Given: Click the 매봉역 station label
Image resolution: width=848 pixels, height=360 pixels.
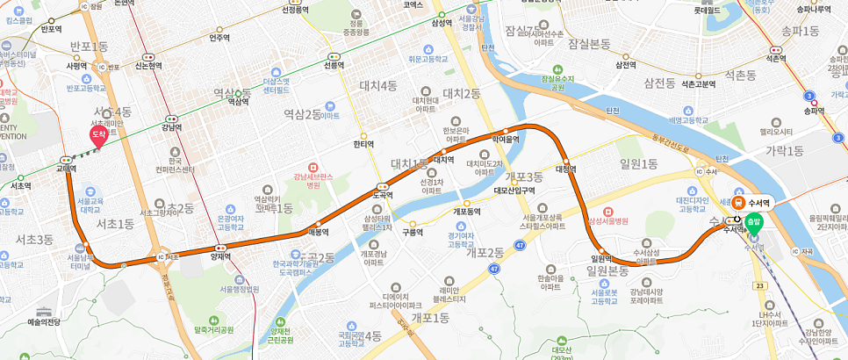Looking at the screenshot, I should point(318,232).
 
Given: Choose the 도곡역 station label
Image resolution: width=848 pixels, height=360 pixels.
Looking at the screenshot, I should point(382,195).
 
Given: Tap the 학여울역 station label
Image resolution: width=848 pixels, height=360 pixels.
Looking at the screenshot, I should point(506,139).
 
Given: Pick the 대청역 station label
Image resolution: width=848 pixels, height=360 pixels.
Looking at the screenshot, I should point(565,169).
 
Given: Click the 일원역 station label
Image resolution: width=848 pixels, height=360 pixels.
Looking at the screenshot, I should point(600,258).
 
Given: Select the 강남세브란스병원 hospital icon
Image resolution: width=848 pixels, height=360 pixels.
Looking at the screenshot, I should point(312,167).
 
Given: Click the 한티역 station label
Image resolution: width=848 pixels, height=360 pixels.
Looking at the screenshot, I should point(363,144).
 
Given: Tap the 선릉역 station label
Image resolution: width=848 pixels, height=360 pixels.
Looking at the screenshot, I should point(333,64).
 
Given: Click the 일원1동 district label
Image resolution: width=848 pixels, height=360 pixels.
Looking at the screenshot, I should point(638,163).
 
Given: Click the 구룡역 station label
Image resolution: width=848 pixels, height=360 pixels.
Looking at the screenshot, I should point(413,233).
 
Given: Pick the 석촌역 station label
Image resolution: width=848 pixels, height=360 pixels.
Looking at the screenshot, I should point(775,58).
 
